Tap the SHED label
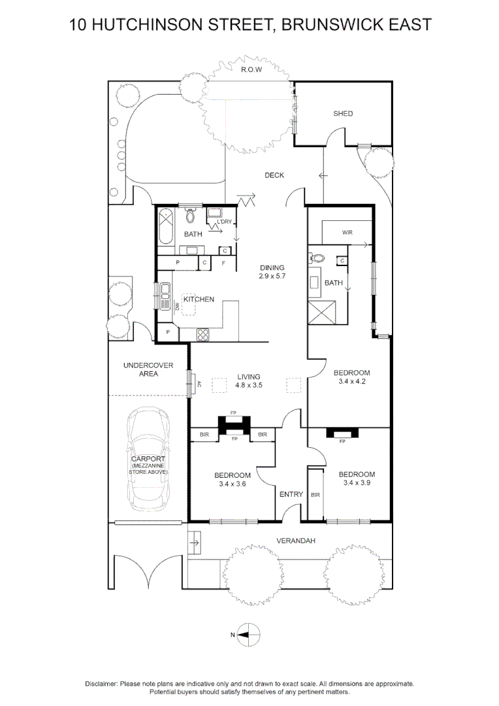click(x=343, y=114)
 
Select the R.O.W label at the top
click(x=251, y=70)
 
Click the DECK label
click(x=274, y=175)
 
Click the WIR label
click(x=347, y=233)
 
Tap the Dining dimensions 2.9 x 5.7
click(x=273, y=277)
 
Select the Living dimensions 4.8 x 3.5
click(x=249, y=386)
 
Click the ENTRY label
click(x=291, y=494)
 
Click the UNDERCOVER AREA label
click(x=148, y=369)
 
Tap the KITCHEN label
click(x=199, y=299)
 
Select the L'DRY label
click(x=224, y=222)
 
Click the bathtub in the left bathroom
click(x=165, y=226)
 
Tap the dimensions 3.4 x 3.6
click(x=233, y=484)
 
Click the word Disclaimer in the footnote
click(x=101, y=684)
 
